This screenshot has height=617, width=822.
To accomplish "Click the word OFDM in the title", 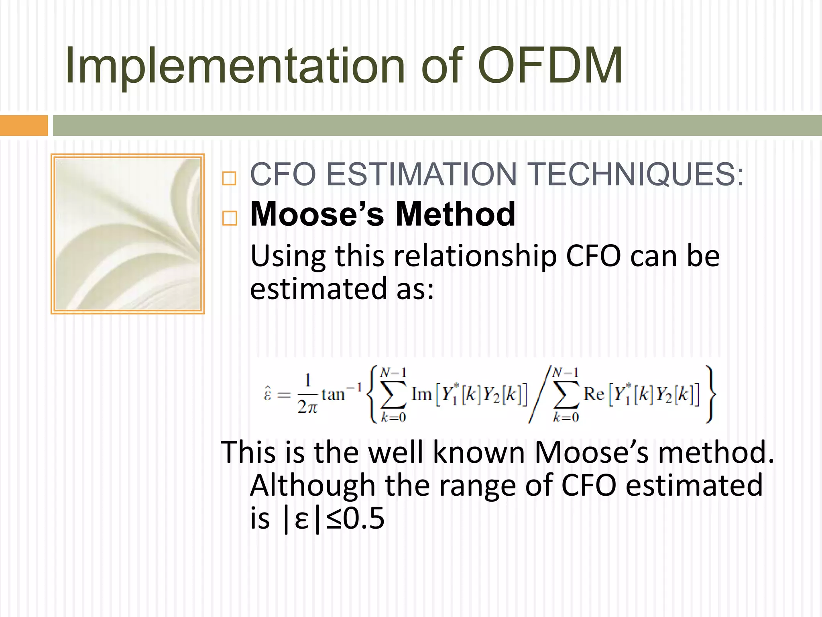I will pyautogui.click(x=550, y=65).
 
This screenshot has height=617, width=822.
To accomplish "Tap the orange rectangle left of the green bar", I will pyautogui.click(x=24, y=125).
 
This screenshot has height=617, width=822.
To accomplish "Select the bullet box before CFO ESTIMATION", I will pyautogui.click(x=229, y=178).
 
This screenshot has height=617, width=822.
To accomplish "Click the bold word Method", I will pyautogui.click(x=455, y=215).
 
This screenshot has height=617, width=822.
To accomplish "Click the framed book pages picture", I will pyautogui.click(x=128, y=234).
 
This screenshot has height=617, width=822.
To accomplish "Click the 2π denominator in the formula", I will pyautogui.click(x=307, y=407).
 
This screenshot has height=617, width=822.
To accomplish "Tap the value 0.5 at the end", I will pyautogui.click(x=364, y=518).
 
